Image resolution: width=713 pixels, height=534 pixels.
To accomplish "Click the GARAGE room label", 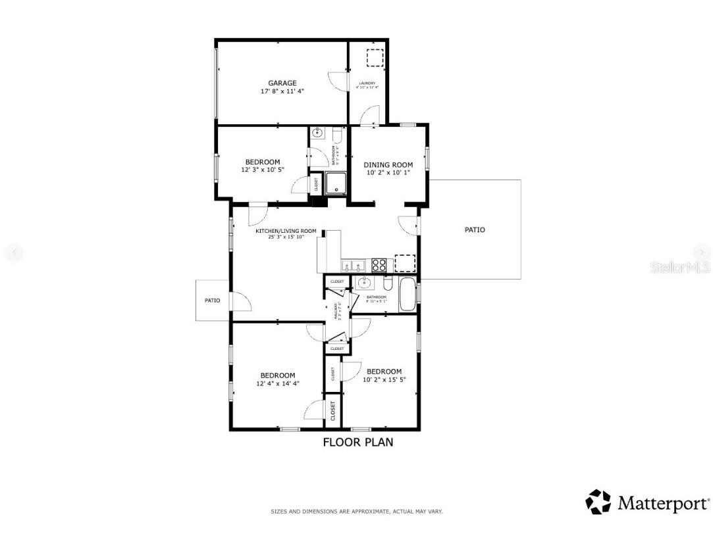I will pos(282,84).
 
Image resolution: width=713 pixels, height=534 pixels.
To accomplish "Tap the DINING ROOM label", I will pos(388,165).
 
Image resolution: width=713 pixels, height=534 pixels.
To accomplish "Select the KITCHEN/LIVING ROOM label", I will pos(286,231).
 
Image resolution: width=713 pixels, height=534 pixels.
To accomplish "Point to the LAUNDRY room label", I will pos(367,84).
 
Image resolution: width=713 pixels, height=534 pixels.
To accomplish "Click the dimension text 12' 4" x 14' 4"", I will pos(278,383).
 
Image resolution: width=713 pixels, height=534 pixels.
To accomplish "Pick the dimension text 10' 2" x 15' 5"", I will pos(384,379).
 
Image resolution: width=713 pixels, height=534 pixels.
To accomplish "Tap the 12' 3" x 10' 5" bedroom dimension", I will pos(262,170).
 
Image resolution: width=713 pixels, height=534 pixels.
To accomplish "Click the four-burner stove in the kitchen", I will pos(379,264).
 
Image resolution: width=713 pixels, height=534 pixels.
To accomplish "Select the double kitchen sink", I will pos(354,266).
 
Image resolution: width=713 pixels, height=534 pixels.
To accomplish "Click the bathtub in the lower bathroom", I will pos(408,295).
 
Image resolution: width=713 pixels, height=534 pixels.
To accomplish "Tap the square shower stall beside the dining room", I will pos(336,183).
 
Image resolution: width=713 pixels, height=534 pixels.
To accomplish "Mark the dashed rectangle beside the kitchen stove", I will pos(404,263).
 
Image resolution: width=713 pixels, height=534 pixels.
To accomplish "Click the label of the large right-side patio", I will pos(475,230).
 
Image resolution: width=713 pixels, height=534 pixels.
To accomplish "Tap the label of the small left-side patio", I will pos(212,301).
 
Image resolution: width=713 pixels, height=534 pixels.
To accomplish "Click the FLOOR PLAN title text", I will pos(357,442).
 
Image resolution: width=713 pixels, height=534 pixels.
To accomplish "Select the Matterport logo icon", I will pos(598,502).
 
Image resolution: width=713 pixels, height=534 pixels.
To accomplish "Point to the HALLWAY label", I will pos(336,309).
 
